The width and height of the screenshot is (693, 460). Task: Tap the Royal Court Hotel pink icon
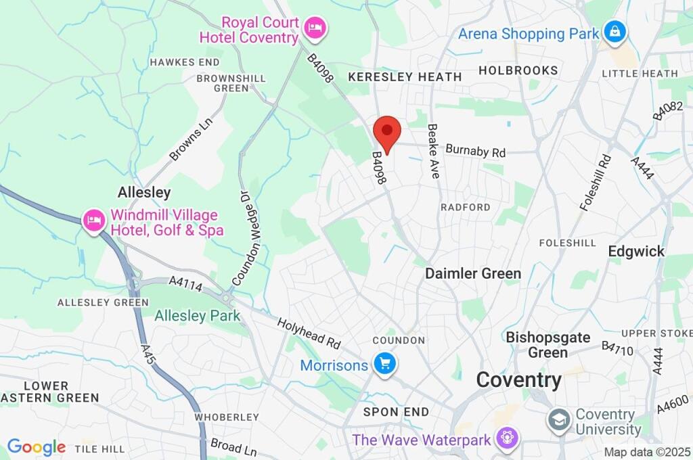[315, 28]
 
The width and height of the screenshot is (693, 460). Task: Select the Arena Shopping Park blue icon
[615, 32]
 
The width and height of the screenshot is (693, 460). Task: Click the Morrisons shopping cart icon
[386, 364]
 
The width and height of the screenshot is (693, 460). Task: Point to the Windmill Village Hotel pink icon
[93, 220]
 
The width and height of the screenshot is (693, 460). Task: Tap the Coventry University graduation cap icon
[560, 420]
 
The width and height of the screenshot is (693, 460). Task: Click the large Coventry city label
[518, 379]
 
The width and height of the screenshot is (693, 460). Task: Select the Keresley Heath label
[404, 77]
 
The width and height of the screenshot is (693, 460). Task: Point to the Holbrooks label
[518, 70]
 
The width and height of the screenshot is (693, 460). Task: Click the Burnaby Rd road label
[476, 151]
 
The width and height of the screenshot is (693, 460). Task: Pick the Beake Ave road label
[434, 151]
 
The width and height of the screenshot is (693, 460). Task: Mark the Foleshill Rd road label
[596, 182]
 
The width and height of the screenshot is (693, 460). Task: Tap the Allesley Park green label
[197, 315]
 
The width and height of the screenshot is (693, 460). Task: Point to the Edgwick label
[636, 251]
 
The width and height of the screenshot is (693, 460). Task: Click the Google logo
[36, 446]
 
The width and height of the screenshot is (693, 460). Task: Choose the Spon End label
[396, 411]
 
